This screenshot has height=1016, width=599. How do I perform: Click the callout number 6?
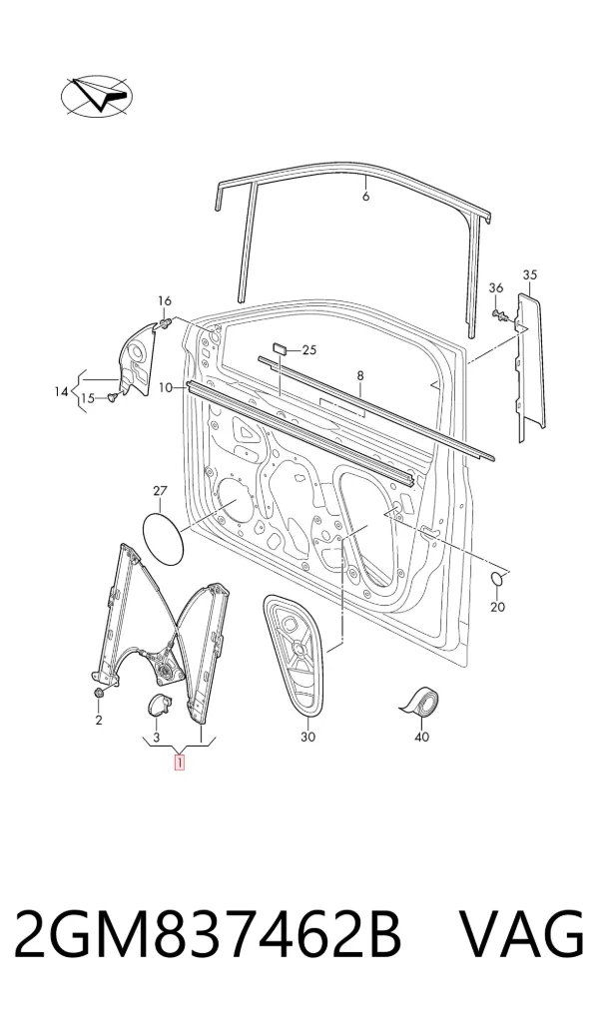pyautogui.click(x=365, y=196)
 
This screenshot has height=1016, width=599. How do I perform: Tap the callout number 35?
pyautogui.click(x=530, y=274)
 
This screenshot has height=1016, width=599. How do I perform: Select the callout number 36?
pyautogui.click(x=496, y=287)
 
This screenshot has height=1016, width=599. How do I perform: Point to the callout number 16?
pyautogui.click(x=165, y=300)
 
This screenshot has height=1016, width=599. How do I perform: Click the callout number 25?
pyautogui.click(x=309, y=350)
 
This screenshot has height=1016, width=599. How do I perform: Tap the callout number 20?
pyautogui.click(x=498, y=607)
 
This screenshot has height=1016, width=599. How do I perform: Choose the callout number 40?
pyautogui.click(x=421, y=737)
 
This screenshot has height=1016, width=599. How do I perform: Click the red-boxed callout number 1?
pyautogui.click(x=179, y=762)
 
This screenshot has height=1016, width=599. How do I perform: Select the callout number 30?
pyautogui.click(x=307, y=737)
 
